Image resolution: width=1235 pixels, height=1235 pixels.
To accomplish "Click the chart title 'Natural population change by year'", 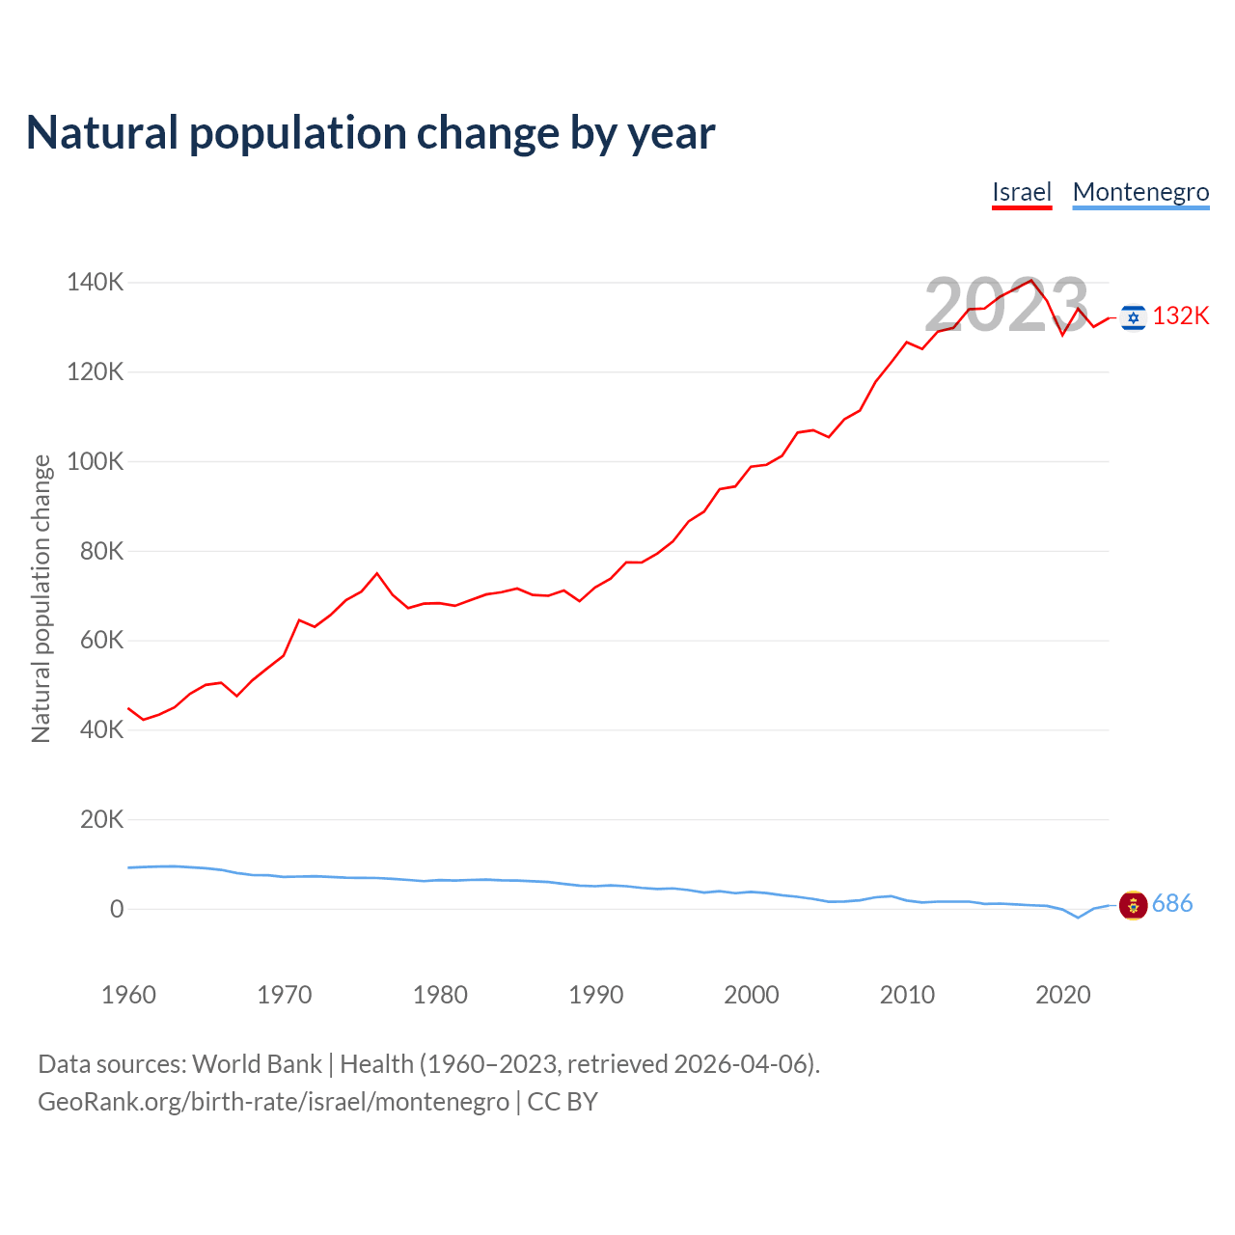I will coord(370,133).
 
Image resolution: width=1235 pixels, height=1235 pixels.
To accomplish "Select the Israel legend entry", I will coord(1022,192).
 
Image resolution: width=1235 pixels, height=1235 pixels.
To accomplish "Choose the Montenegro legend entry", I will coord(1140,192).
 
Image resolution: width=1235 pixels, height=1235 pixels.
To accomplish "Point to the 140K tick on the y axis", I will coord(96,283).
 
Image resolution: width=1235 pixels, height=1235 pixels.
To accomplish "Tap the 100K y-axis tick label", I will coord(96,461).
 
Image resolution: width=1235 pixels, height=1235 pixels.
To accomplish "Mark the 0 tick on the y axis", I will coord(117,909).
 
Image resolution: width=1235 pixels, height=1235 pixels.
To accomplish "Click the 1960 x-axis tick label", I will coord(128,995).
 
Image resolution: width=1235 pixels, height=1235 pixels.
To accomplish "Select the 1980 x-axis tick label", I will coord(440,995).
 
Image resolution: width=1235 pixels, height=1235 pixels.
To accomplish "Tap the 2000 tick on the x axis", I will coord(752,995).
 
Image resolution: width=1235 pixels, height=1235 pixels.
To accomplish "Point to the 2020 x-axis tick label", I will coord(1062,995).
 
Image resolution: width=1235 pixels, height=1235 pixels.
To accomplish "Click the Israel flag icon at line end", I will coord(1134,316).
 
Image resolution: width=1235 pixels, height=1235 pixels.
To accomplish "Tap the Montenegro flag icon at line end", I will coord(1133,905).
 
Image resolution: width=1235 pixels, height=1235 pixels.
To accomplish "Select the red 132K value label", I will coord(1181,316).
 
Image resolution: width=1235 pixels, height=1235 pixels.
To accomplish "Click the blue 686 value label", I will coord(1172,904).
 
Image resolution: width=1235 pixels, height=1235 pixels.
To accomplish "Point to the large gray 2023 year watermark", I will coord(1006,305).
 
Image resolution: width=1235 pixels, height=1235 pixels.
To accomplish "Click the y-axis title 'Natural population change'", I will coord(41,598).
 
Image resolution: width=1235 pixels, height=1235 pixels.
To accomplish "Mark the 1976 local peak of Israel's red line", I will coord(377,573).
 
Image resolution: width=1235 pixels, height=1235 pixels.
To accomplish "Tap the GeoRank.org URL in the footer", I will coord(273,1102).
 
